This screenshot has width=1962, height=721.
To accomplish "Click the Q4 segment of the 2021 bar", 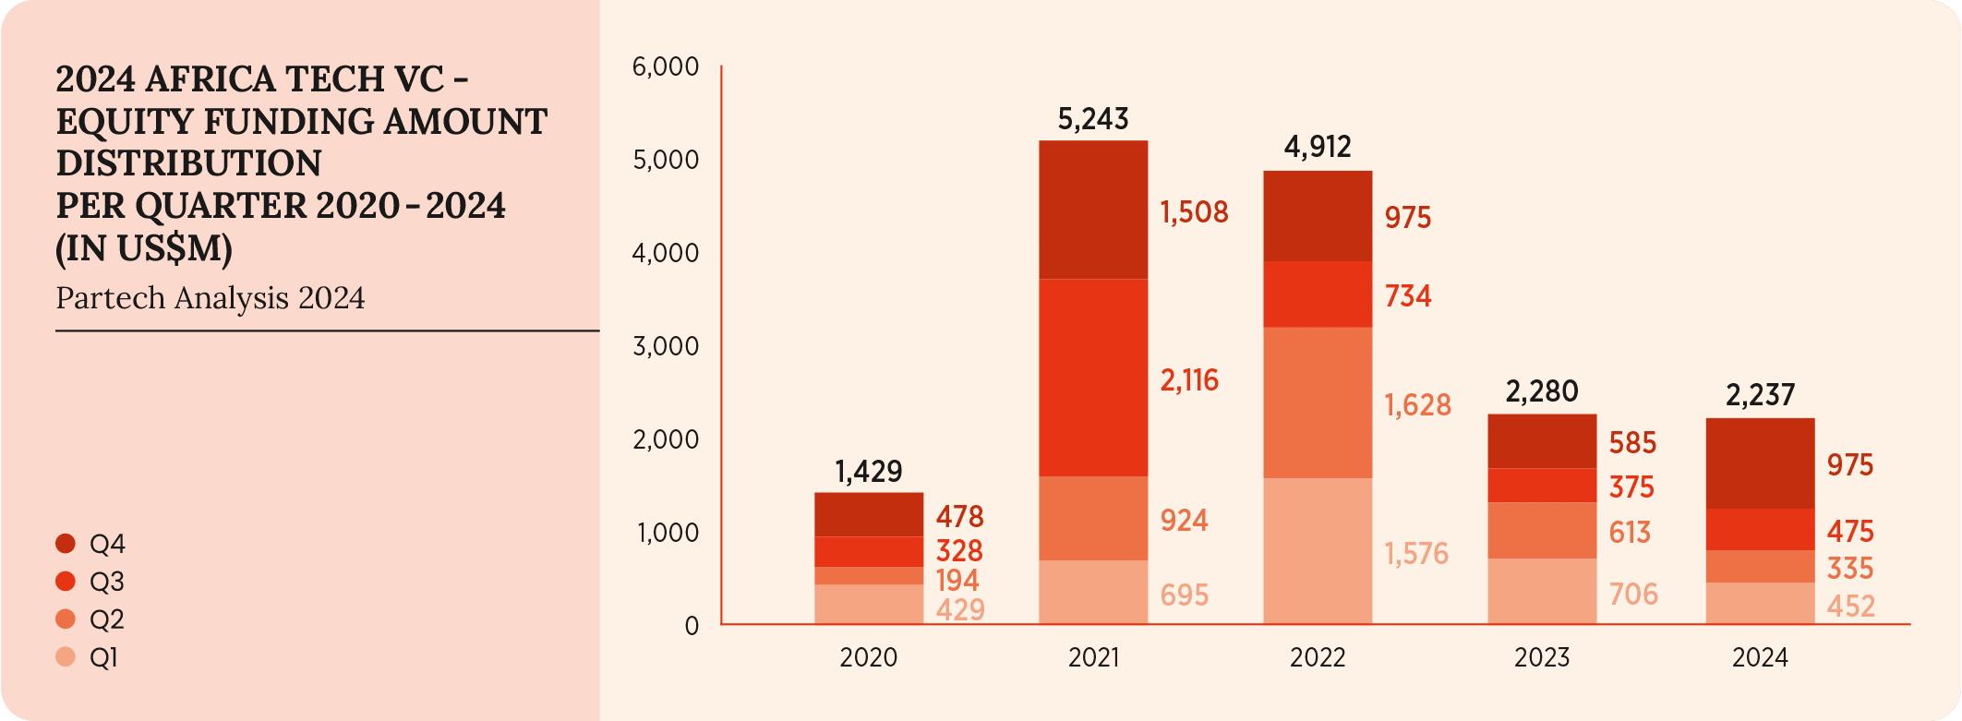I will pos(1093,210).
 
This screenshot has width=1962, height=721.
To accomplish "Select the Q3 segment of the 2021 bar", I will pos(1093,378).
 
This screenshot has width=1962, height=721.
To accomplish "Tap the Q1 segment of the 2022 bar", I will pos(1318,551).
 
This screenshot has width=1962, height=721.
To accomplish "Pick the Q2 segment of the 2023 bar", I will pos(1542,530).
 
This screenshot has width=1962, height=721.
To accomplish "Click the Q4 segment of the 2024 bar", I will pos(1760,463).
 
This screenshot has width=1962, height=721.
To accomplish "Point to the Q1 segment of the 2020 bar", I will pos(869,605).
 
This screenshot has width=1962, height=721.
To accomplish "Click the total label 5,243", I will pos(1093,119).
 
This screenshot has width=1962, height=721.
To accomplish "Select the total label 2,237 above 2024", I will pos(1760,395).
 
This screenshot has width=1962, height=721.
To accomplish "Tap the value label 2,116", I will pos(1189,380).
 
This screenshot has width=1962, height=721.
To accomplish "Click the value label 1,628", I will pos(1417,405).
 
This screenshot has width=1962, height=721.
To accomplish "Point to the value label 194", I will pos(957,581).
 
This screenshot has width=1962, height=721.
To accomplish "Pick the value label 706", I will pos(1633,595).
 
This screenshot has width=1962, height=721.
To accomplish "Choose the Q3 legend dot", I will pos(66,582).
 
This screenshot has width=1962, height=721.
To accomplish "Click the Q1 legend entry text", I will pos(103,658).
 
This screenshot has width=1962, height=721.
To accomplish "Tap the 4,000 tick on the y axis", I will pos(665,253).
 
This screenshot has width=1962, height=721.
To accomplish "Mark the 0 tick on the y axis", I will pos(692,626).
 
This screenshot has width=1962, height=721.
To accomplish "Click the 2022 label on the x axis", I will pos(1318,657).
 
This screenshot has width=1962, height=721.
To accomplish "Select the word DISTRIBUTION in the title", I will pos(188,163).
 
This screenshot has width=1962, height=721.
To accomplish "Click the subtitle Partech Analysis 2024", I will pos(211,298).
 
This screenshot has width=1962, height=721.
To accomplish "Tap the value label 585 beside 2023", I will pos(1632,443).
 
